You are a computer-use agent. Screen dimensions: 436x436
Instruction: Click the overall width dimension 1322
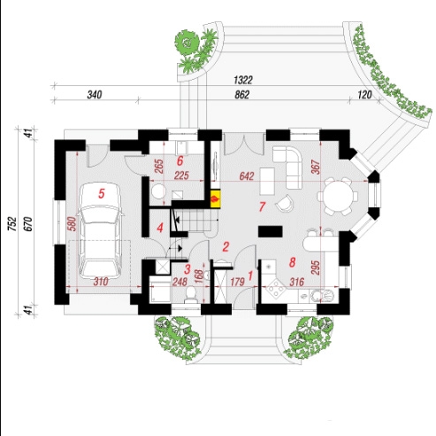pos(243,80)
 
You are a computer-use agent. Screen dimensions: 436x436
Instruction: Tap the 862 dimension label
pos(242,95)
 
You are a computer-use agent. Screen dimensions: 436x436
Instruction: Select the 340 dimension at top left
pos(95,95)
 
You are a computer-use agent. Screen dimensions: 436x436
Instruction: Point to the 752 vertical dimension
pos(12,223)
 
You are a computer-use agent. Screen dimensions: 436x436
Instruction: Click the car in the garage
pos(101,230)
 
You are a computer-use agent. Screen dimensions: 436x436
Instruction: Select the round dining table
pos(338,196)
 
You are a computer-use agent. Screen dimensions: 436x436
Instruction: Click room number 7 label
pos(262,206)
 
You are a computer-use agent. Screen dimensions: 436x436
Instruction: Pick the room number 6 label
pos(180,161)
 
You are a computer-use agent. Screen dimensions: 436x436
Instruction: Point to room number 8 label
pos(292,262)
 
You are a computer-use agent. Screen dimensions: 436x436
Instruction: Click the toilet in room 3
pos(191,294)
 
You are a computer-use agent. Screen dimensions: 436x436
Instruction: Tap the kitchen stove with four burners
pos(276,288)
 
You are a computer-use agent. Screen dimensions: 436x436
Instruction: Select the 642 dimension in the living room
pos(247,176)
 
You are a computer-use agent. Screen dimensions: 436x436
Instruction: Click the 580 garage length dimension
pos(72,223)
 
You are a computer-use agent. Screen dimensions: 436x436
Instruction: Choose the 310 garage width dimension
pos(101,282)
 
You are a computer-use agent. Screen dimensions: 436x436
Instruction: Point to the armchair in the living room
pos(284,203)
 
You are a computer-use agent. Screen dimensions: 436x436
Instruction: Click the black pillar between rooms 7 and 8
pos(271,231)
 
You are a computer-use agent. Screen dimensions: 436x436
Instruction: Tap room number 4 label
pos(160,228)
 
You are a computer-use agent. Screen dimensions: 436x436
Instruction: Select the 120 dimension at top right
pos(364,95)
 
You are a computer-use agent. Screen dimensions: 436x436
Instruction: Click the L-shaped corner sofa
pos(289,167)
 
